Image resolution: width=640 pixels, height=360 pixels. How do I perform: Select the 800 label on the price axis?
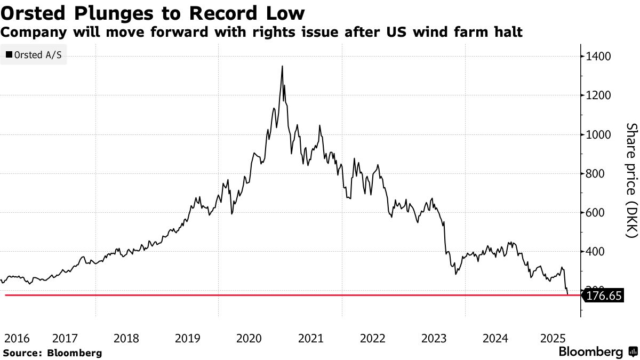coord(596,174)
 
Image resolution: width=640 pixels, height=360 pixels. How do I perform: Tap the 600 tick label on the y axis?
coord(596,213)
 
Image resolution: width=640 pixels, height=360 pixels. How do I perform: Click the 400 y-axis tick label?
coord(596,252)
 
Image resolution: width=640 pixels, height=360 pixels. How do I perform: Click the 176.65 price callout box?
coord(603,295)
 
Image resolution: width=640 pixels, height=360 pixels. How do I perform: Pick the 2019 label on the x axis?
coord(187,338)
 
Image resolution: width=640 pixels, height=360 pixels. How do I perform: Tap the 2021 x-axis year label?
coord(310,338)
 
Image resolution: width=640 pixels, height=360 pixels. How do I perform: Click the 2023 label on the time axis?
coord(434,338)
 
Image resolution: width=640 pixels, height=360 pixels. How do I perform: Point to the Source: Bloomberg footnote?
coord(52,353)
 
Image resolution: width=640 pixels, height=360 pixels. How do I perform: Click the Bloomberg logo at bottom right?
coord(597,352)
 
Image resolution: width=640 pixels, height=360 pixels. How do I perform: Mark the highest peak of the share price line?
coord(282,66)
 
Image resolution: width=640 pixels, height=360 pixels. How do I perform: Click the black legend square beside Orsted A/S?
coord(9,55)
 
